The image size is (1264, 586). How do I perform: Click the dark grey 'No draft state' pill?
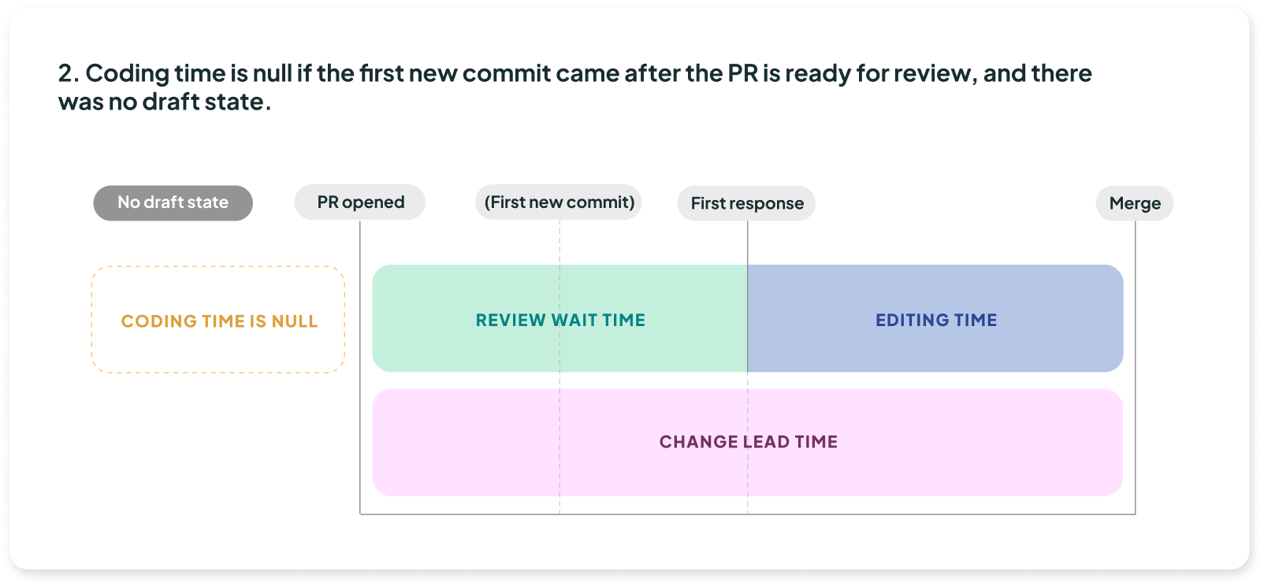[x=173, y=203]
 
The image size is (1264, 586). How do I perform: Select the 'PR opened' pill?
[x=359, y=202]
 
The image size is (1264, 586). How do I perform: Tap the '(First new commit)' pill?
[x=559, y=202]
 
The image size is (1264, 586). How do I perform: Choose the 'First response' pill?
[x=746, y=203]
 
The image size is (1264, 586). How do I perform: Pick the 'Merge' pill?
[x=1134, y=203]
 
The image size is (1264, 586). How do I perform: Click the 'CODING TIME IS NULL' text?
[x=220, y=321]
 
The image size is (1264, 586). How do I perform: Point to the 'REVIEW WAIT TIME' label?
[x=560, y=320]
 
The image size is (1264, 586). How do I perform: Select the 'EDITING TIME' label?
[x=936, y=320]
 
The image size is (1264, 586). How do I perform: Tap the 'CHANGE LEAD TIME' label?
[x=749, y=442]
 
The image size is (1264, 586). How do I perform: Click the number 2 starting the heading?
[x=65, y=73]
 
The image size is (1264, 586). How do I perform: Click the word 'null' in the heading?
[x=271, y=73]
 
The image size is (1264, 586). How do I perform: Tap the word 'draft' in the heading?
[x=171, y=102]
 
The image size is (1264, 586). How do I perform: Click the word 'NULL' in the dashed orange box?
[x=295, y=321]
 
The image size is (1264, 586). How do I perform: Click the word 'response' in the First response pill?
[x=767, y=204]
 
